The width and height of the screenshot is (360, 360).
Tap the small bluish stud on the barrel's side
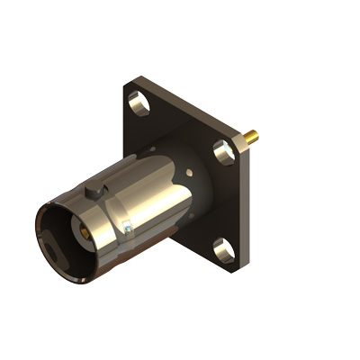[128, 229]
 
